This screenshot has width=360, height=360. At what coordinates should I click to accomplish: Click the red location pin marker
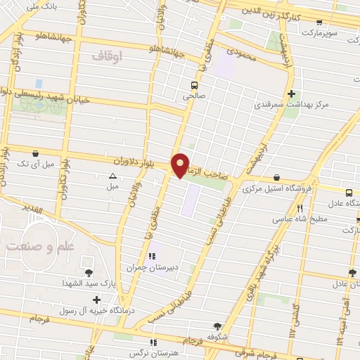point(181,165)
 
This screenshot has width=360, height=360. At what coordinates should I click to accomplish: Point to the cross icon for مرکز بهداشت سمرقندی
point(291,94)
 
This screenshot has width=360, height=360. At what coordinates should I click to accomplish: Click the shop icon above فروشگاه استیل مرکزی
point(276,177)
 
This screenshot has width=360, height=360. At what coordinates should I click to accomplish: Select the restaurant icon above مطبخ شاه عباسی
point(300,208)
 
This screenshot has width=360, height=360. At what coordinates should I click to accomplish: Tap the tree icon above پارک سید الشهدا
point(89,273)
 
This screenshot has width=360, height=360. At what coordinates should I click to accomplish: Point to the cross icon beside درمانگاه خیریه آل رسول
point(96,300)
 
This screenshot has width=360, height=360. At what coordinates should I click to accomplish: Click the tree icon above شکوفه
point(217,326)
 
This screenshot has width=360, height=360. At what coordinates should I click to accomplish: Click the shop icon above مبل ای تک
point(35,153)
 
